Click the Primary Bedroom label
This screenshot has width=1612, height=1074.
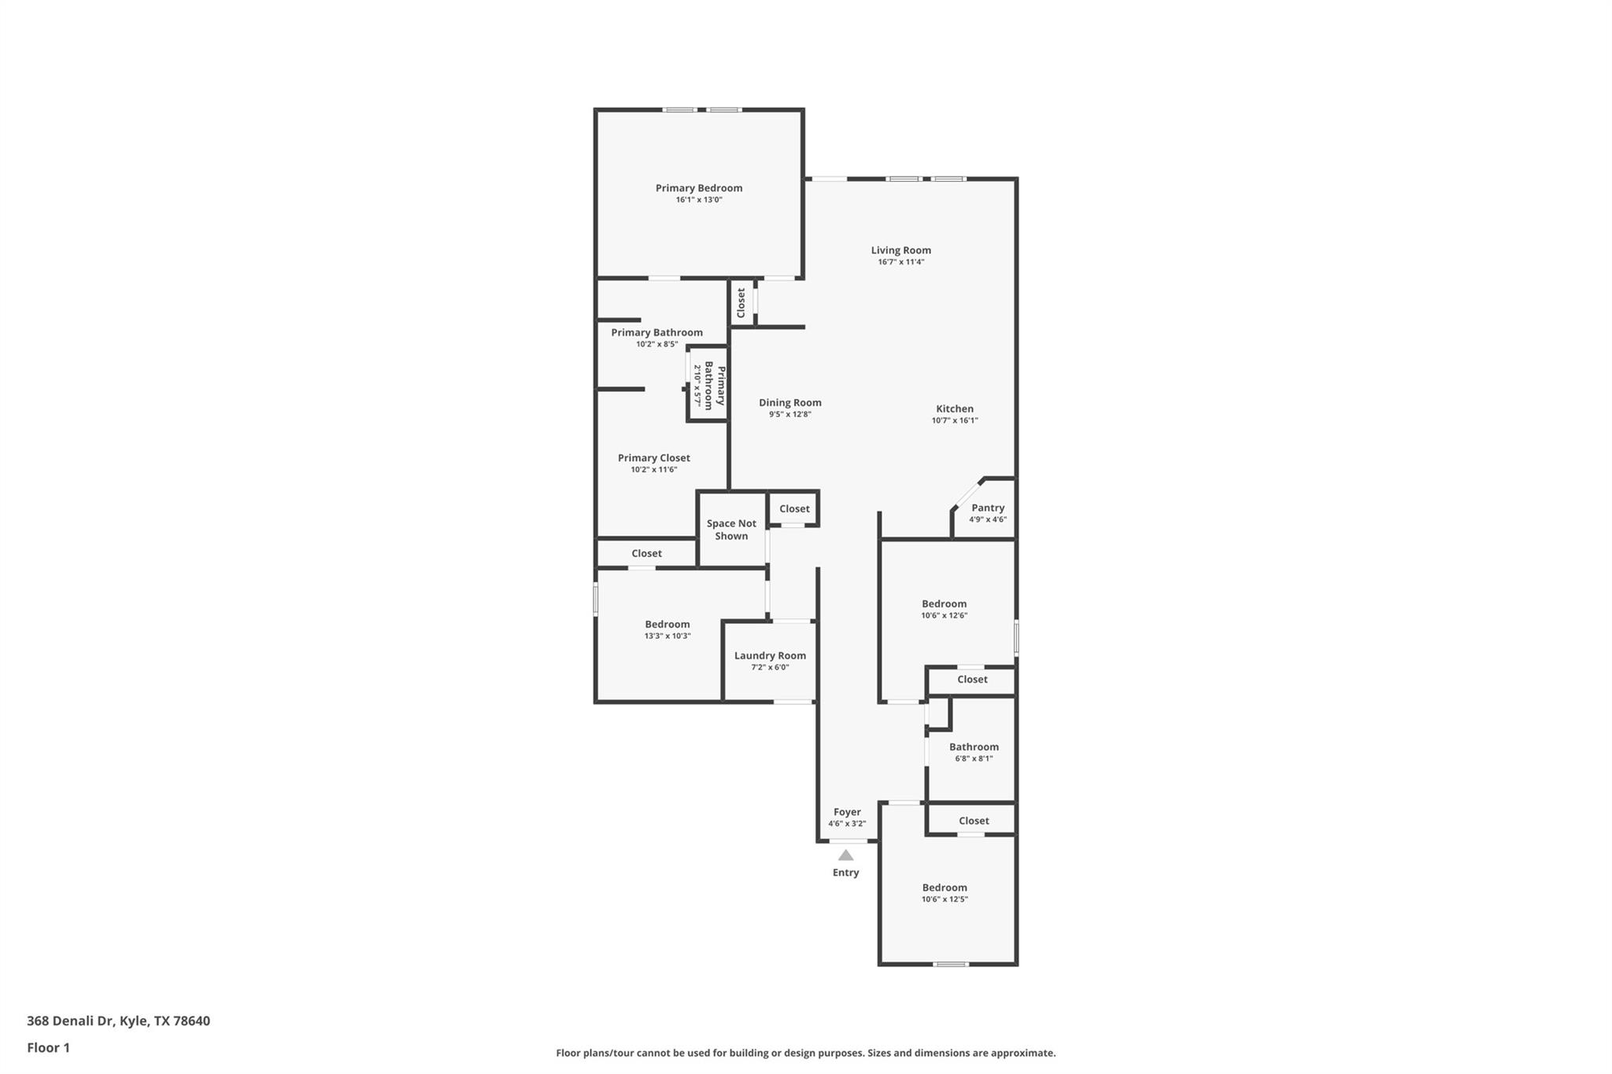[699, 188]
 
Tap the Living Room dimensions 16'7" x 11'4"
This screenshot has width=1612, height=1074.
[900, 262]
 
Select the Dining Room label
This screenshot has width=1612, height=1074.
[789, 403]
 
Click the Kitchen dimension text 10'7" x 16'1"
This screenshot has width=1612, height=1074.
[954, 420]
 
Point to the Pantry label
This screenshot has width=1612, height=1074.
[987, 508]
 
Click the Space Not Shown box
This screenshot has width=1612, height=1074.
[731, 530]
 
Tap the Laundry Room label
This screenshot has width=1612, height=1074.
[770, 655]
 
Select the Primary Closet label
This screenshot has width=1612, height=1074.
[653, 458]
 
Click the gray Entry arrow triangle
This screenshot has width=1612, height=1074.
[845, 855]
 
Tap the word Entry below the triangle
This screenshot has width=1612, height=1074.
[845, 873]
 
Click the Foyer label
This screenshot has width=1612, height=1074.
[847, 812]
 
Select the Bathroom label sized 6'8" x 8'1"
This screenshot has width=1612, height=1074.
[974, 747]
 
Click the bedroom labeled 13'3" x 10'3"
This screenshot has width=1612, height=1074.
[667, 625]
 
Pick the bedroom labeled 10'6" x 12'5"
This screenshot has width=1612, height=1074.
[945, 888]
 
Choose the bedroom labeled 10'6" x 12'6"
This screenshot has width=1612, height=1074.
[944, 604]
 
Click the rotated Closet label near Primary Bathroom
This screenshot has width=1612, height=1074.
[741, 303]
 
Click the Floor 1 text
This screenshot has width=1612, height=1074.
[48, 1047]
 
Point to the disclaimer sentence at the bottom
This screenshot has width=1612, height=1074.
[805, 1053]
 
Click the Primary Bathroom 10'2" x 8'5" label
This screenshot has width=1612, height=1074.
[656, 333]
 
